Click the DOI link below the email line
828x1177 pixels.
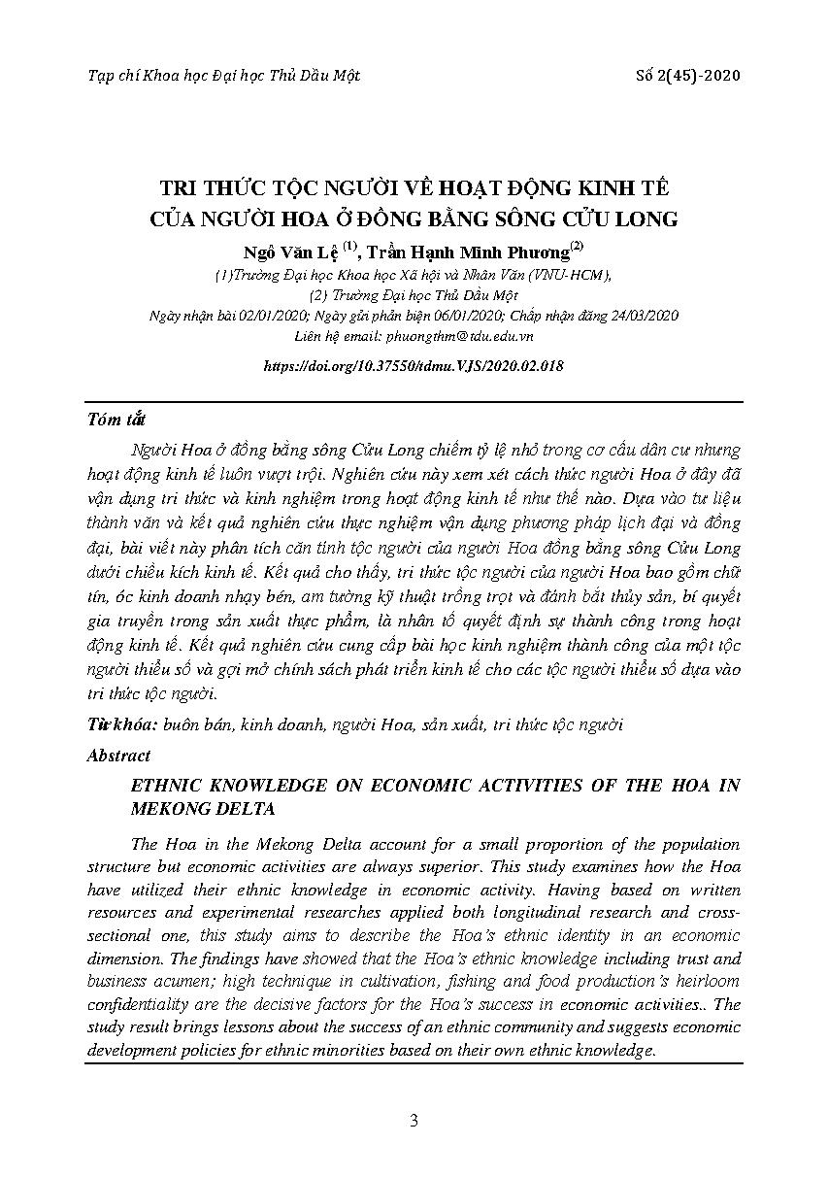point(414,367)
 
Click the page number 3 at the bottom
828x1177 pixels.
point(414,1121)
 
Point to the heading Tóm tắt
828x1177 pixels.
point(116,420)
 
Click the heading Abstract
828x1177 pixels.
point(118,755)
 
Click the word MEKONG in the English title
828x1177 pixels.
point(169,807)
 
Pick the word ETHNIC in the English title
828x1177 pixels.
point(169,786)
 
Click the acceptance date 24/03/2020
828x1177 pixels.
point(645,316)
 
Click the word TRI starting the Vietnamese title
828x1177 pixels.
point(179,187)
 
